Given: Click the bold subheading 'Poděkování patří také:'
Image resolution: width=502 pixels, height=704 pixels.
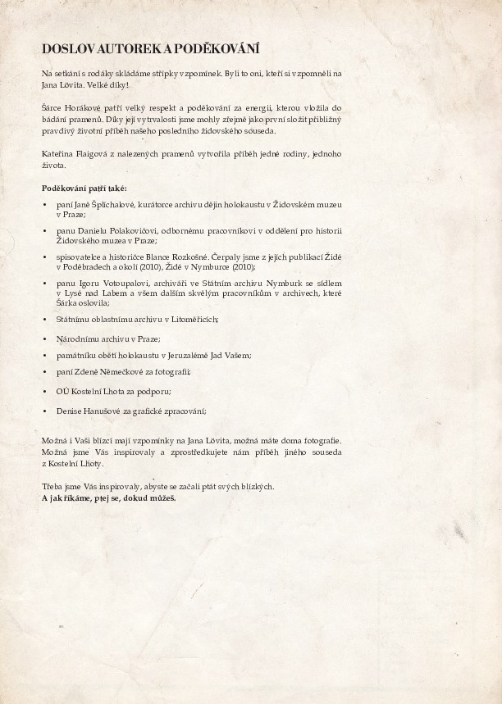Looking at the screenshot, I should (79, 188).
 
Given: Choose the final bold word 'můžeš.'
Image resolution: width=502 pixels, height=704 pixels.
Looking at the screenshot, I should (160, 497).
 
